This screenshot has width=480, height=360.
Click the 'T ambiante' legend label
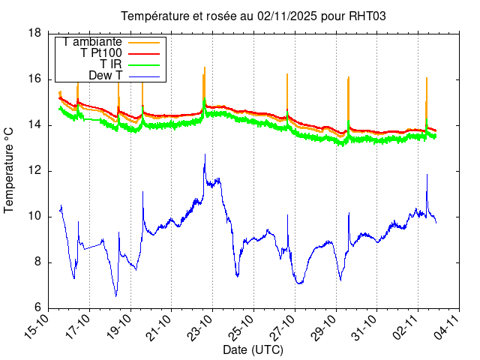pyautogui.click(x=93, y=42)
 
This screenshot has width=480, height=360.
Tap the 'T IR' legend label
pyautogui.click(x=111, y=64)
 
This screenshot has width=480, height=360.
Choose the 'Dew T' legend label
pyautogui.click(x=105, y=76)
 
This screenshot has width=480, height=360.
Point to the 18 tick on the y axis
pyautogui.click(x=34, y=33)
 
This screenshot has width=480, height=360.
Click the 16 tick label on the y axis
pyautogui.click(x=34, y=79)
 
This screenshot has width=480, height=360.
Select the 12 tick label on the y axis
pyautogui.click(x=34, y=171)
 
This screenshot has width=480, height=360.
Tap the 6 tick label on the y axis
pyautogui.click(x=37, y=308)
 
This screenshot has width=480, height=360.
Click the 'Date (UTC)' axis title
pyautogui.click(x=253, y=350)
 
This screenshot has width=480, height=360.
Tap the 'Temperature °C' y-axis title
pyautogui.click(x=10, y=169)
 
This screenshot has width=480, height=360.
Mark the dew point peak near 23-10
pyautogui.click(x=205, y=155)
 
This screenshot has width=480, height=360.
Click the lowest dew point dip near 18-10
pyautogui.click(x=115, y=295)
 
